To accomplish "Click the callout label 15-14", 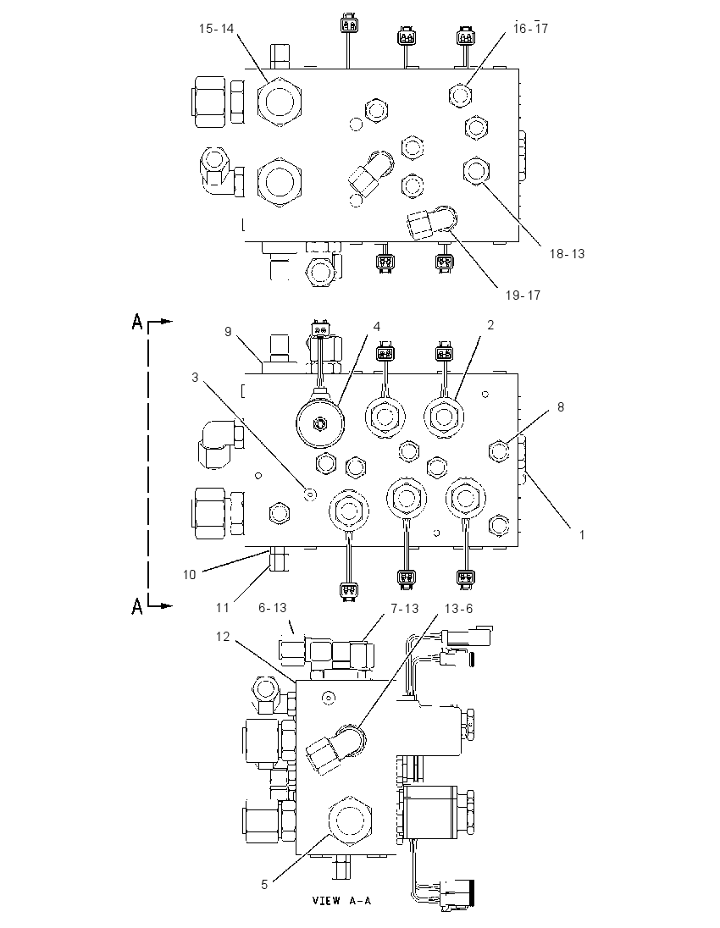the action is (x=216, y=29).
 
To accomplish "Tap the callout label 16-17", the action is (x=530, y=28).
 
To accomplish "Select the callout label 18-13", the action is (x=567, y=253).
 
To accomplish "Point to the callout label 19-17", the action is (x=523, y=295).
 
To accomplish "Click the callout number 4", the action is (x=377, y=327).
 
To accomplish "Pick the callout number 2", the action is (x=490, y=325).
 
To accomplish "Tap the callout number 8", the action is (x=561, y=407).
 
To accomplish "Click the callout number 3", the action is (x=195, y=377).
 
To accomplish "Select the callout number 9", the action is (x=228, y=331).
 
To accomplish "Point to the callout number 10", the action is (x=189, y=574).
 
